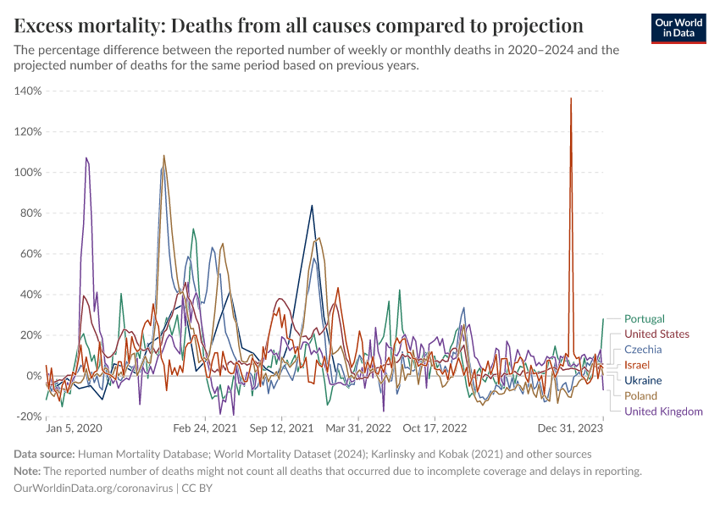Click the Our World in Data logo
pos(678,27)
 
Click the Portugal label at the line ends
pos(644,319)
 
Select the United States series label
pos(656,334)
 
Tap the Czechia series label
pos(643,350)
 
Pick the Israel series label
pos(637,365)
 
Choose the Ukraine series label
pos(643,381)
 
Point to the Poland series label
pos(641,396)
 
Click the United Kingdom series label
pos(663,411)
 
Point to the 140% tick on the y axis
pos(28,91)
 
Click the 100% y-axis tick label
pos(28,173)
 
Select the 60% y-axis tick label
pos(30,254)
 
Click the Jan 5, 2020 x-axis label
pos(75,429)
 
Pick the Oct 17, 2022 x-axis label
pos(435,429)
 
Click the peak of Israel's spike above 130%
pos(571,98)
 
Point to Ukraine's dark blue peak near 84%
pos(312,206)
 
